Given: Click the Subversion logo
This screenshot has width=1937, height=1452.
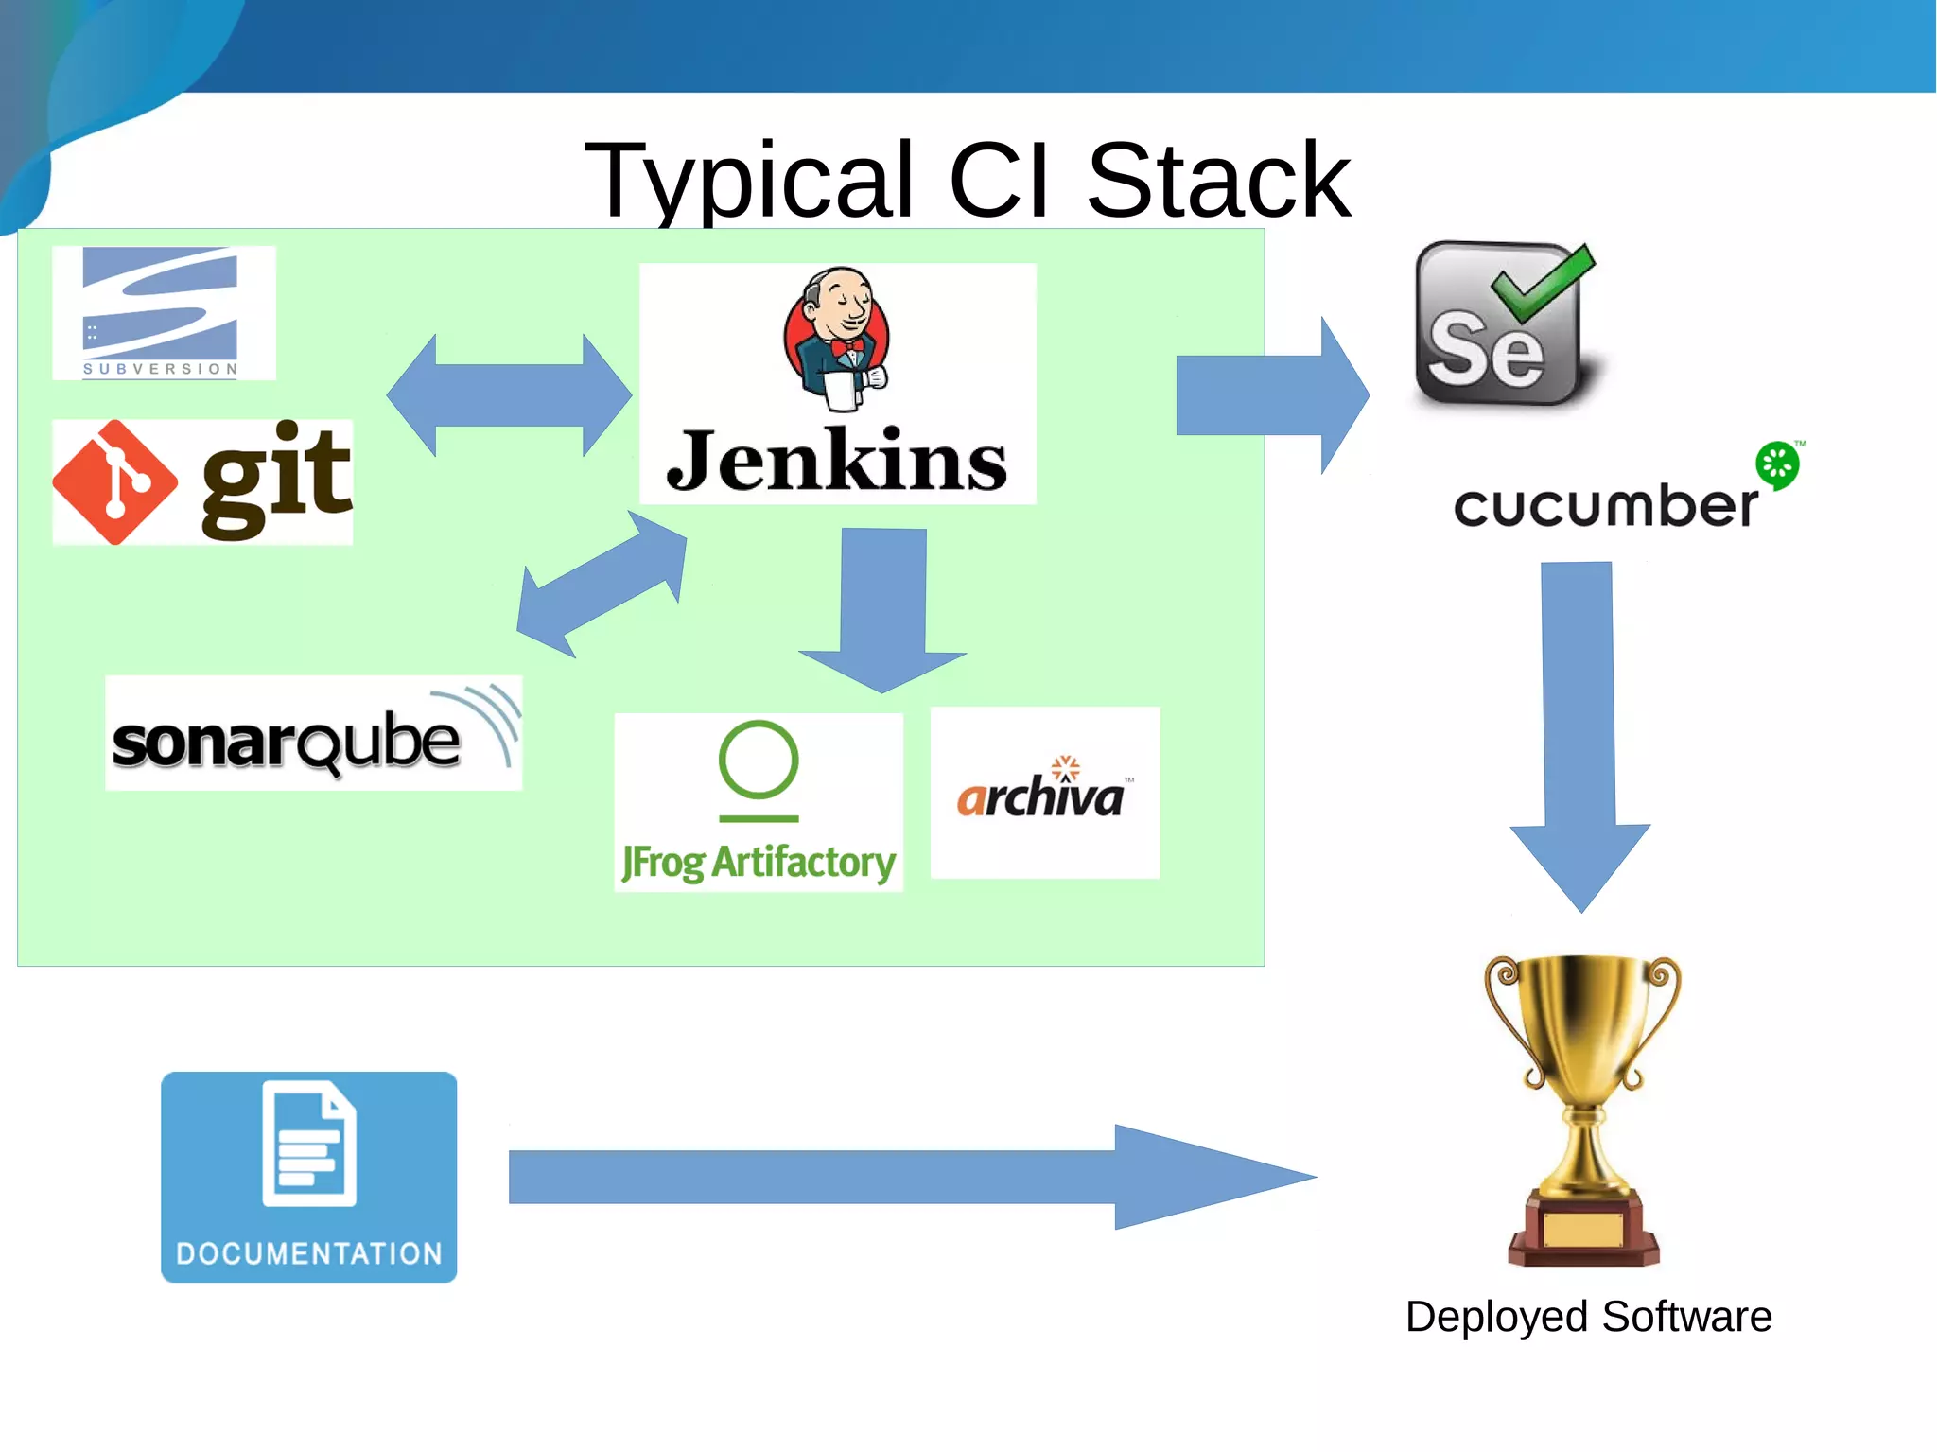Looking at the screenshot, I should point(162,312).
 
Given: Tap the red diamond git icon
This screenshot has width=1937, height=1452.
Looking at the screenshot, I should point(114,482).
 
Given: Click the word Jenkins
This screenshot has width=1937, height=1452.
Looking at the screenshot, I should point(836,461).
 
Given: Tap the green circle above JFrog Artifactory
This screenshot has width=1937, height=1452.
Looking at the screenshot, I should point(758,760).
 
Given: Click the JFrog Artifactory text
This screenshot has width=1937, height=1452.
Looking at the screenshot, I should point(758,862).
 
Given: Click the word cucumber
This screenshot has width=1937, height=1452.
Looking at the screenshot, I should point(1605,505).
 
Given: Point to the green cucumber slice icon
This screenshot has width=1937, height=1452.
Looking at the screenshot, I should point(1777,464).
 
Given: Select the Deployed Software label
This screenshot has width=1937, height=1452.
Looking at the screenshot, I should point(1588,1317).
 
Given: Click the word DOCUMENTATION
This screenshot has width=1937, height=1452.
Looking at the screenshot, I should point(309,1253).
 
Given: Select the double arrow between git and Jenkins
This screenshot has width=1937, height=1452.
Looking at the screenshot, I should point(509,394).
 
